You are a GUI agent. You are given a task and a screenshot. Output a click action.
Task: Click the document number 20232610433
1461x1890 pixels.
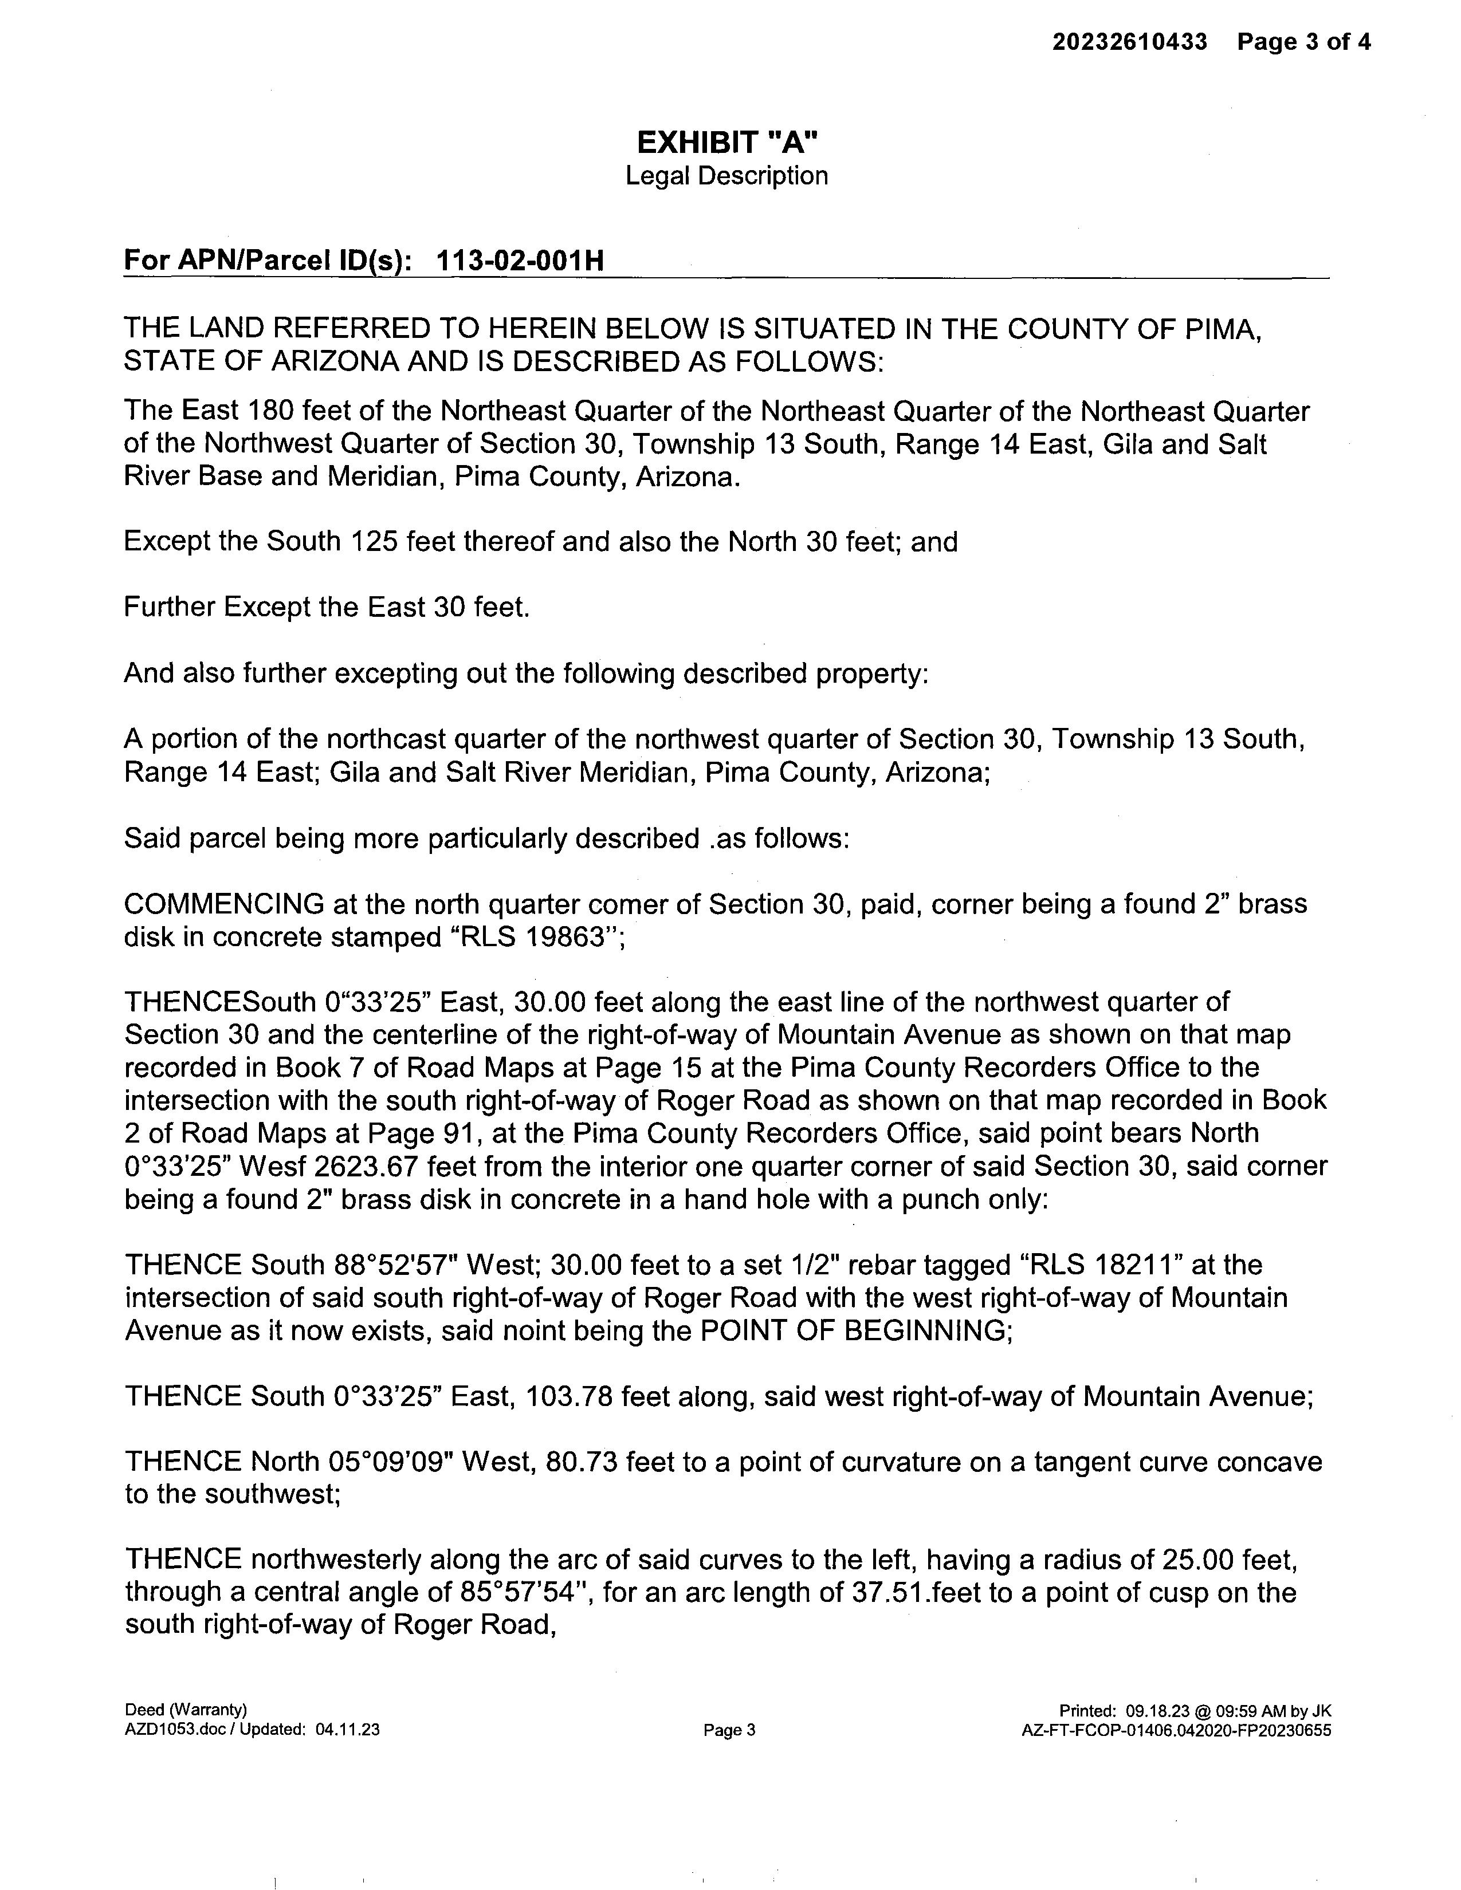[x=1129, y=42]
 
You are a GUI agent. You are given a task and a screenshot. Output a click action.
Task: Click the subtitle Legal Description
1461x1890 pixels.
[x=727, y=176]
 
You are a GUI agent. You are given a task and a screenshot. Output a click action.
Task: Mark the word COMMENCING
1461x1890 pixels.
[x=223, y=904]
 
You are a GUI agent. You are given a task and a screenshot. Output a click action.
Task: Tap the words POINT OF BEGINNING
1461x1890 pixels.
[x=854, y=1330]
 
